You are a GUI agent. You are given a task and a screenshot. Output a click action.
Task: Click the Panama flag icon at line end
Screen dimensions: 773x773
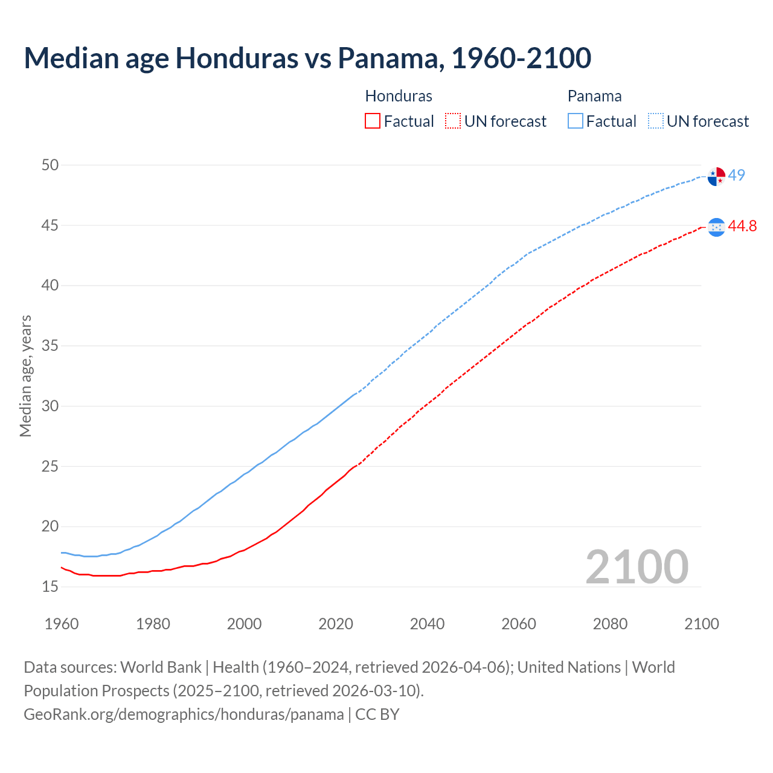coord(716,176)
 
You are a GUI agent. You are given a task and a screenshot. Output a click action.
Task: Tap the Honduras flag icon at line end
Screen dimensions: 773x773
coord(716,227)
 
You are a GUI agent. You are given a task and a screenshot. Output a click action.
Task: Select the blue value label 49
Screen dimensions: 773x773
coord(737,175)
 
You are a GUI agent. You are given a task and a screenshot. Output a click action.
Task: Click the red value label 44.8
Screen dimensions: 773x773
coord(742,226)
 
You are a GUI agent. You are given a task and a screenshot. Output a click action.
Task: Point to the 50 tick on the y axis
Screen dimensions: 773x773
coord(50,165)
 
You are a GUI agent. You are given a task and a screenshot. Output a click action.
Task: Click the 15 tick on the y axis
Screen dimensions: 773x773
coord(50,586)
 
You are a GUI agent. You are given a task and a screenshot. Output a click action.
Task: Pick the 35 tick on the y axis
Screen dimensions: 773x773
coord(50,346)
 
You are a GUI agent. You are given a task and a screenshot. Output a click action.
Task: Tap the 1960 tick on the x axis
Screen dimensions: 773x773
coord(62,624)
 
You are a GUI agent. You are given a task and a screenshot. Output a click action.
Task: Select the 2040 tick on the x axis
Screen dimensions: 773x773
coord(427,624)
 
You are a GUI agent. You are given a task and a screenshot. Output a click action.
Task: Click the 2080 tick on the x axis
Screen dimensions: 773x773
coord(610,624)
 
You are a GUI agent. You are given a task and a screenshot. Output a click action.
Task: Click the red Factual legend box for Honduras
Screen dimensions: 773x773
coord(373,121)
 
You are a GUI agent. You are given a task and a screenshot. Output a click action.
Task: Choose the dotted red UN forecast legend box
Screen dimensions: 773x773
coord(453,121)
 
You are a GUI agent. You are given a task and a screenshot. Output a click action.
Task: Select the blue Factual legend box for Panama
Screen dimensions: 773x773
coord(576,121)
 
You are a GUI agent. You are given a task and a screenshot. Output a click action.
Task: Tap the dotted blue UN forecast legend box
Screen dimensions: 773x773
coord(656,121)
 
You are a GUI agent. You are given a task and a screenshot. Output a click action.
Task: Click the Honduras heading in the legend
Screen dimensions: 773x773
coord(399,96)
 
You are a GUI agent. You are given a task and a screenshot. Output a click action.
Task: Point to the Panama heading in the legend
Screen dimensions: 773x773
coord(594,96)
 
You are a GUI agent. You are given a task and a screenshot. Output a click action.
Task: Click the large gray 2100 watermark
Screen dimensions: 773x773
coord(637,566)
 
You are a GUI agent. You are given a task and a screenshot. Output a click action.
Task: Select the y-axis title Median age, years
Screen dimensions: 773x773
coord(25,376)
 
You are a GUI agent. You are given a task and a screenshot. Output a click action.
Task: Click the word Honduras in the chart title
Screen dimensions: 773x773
coord(237,58)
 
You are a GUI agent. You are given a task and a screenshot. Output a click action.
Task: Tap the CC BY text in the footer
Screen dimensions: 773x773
coord(377,714)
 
